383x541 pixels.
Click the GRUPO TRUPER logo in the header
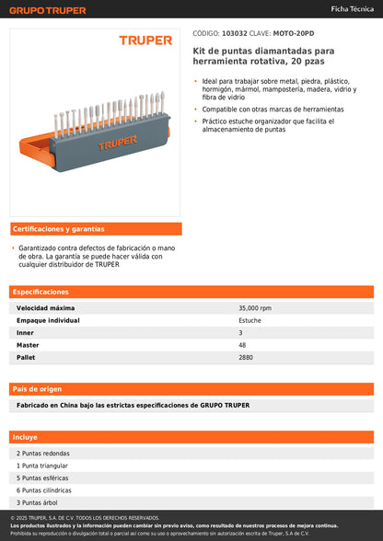47,10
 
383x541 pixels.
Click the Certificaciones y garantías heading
58,229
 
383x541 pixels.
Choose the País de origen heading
39,388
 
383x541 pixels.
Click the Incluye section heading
25,437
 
